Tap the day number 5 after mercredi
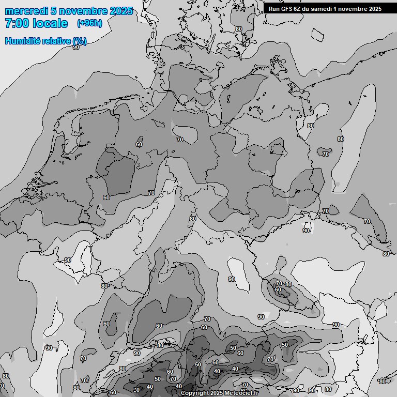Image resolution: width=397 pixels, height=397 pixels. (53, 11)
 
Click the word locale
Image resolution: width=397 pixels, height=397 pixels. (49, 23)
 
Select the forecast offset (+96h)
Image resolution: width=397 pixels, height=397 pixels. (89, 23)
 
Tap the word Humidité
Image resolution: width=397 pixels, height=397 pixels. (22, 41)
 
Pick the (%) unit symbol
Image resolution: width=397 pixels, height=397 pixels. (79, 41)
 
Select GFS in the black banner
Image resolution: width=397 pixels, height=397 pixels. (287, 8)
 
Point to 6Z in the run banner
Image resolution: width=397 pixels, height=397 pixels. (300, 8)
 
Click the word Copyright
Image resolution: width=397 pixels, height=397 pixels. (194, 393)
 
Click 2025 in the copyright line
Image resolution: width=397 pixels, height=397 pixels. (217, 393)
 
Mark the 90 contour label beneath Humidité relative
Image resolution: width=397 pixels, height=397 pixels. (76, 47)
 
